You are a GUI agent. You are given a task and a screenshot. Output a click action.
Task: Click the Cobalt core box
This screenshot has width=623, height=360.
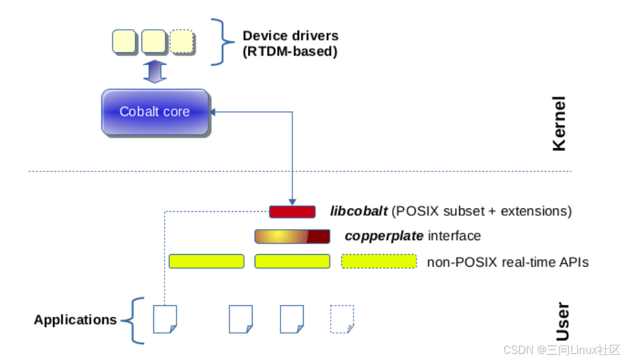pos(155,112)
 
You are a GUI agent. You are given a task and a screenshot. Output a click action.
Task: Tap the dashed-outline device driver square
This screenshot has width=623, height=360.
pos(183,42)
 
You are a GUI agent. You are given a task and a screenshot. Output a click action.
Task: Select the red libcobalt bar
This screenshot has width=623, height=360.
pos(292,212)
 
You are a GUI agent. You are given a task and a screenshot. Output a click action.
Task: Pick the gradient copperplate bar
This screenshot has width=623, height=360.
pos(292,236)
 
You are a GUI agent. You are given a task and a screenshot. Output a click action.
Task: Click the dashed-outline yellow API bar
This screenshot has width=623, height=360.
pos(379,261)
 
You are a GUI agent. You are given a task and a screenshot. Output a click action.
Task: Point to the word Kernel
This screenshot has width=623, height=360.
pos(559,124)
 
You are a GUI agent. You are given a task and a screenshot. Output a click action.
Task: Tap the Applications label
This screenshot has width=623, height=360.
pos(75,320)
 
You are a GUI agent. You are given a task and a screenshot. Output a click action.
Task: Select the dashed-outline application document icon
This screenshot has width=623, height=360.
pos(342,319)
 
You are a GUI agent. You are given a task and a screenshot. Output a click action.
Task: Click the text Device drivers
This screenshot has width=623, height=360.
pos(290,36)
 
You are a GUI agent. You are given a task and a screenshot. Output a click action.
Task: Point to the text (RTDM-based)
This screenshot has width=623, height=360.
pos(290,51)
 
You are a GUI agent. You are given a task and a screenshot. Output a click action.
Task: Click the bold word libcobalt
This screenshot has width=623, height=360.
pos(358,212)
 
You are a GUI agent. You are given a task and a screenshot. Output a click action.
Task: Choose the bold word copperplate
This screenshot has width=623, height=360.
pos(384,236)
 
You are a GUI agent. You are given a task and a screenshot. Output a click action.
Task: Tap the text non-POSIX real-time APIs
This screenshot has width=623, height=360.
pos(508,262)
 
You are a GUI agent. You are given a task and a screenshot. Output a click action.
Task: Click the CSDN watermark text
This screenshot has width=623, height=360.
pos(561,349)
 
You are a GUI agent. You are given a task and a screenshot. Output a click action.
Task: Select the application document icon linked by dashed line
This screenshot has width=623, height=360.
pos(165,319)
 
